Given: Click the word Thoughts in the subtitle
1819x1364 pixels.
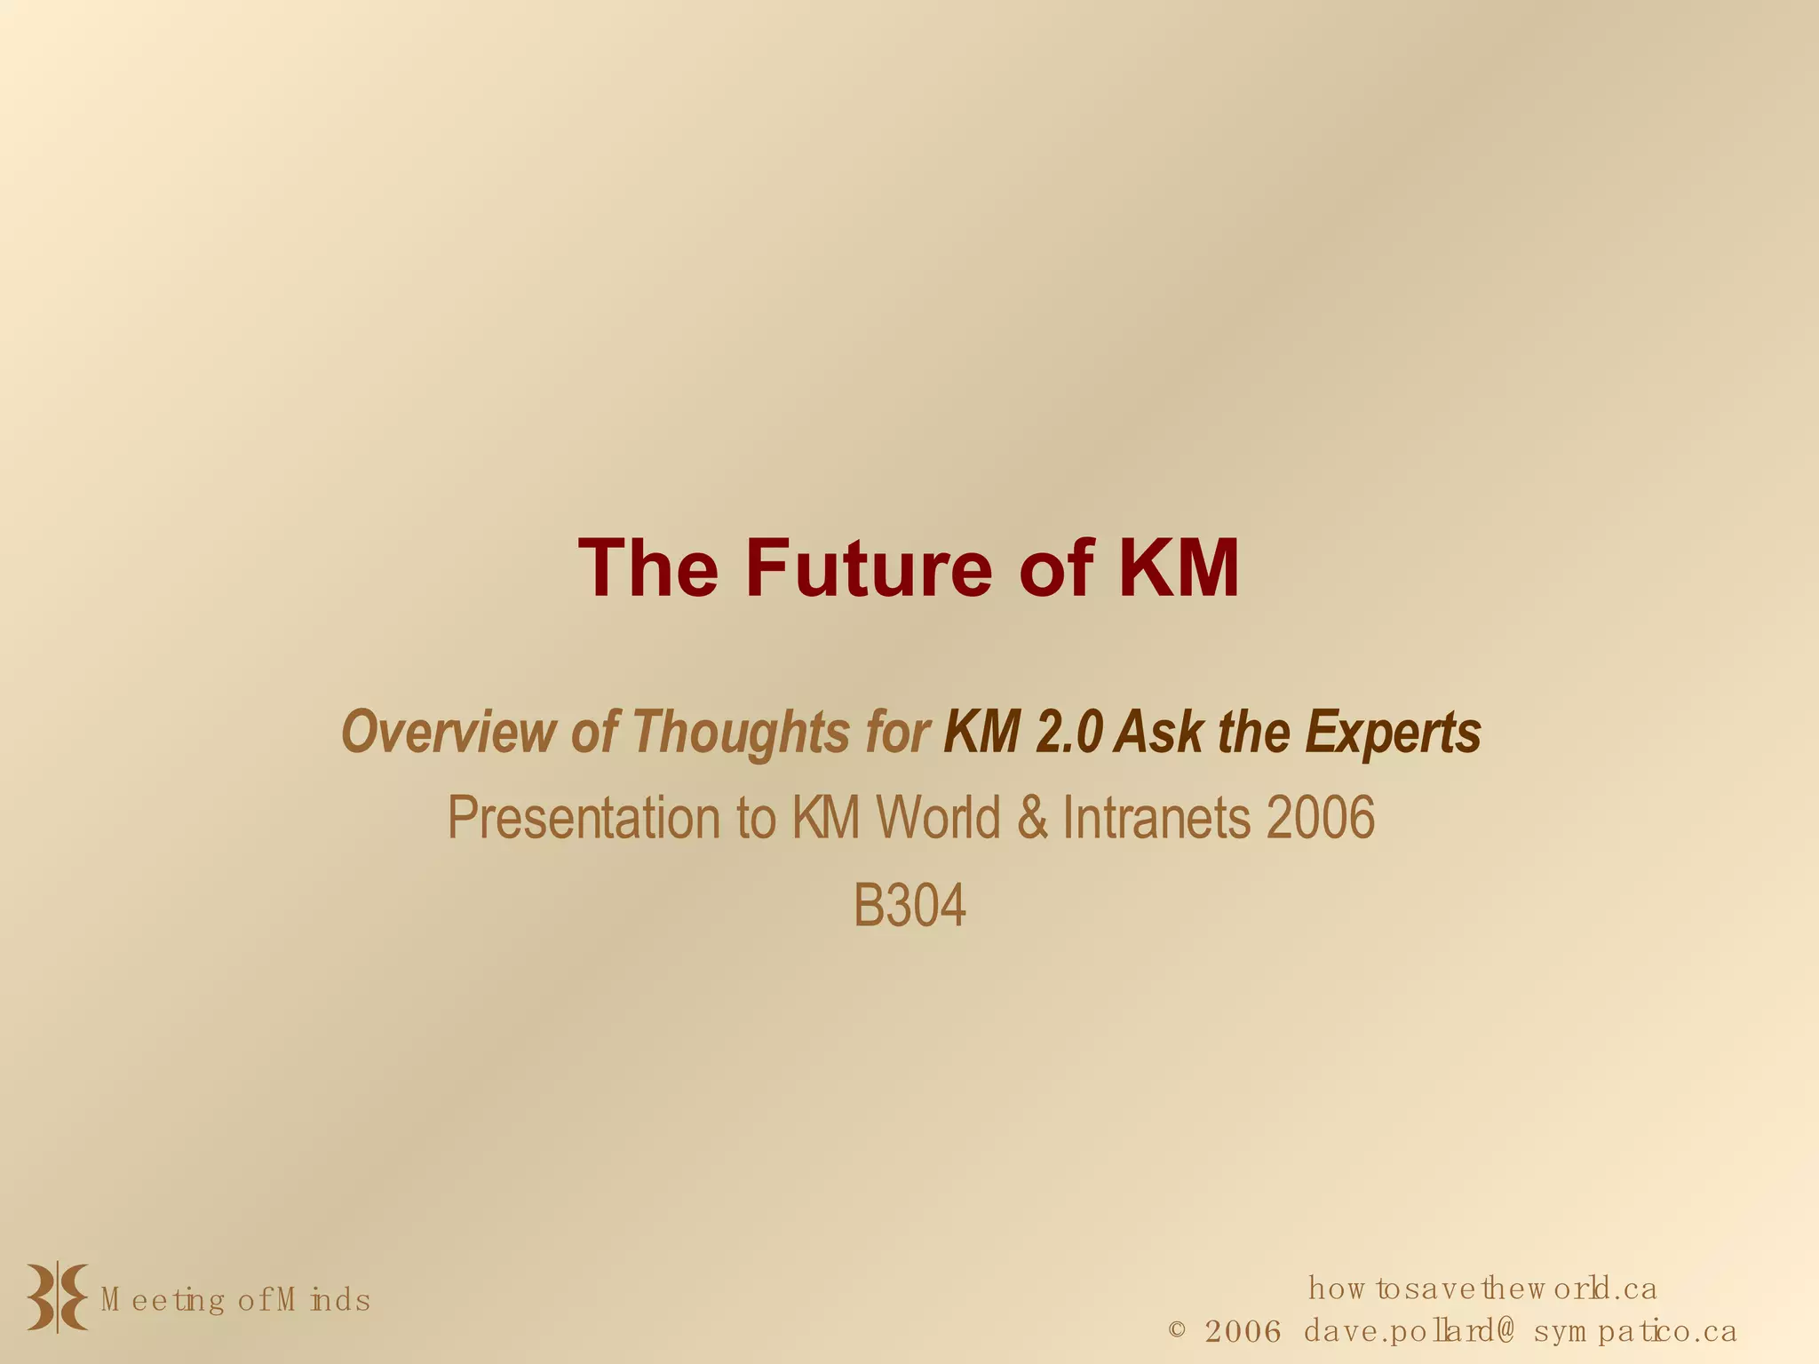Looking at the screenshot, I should click(741, 734).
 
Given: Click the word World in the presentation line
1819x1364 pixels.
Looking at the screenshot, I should click(939, 819).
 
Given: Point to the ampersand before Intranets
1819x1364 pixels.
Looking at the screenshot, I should click(1032, 819).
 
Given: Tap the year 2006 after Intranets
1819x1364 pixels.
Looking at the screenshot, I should click(1321, 819).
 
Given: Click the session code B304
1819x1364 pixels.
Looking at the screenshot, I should click(909, 908).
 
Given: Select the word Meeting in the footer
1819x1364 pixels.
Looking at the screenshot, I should click(163, 1301).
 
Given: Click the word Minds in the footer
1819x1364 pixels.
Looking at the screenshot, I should click(323, 1301).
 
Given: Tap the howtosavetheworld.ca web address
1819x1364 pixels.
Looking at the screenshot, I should click(1482, 1289).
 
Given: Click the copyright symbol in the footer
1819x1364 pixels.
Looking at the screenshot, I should click(1177, 1330).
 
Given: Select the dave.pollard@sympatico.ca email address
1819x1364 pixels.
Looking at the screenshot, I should click(1520, 1332).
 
